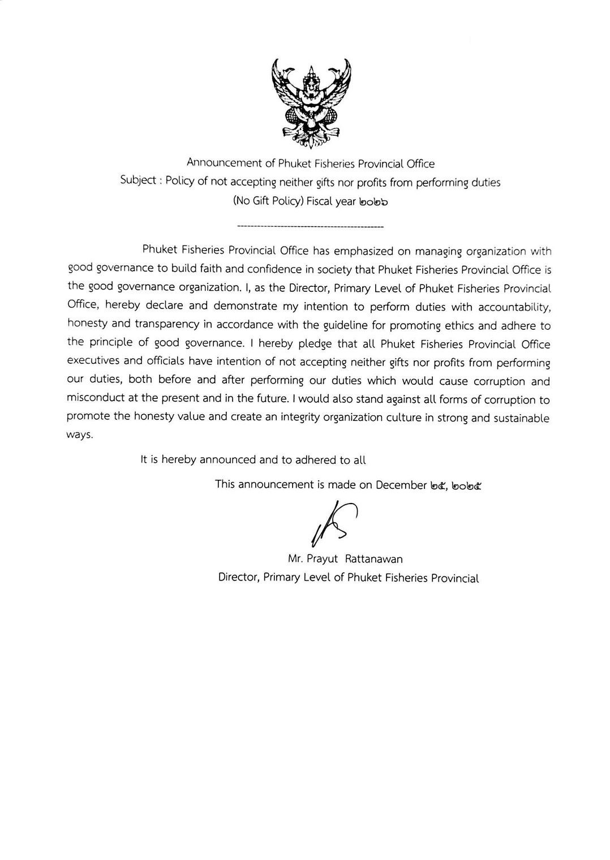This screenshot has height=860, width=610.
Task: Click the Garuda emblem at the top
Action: point(311,102)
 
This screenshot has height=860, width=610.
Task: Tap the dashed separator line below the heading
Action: point(311,227)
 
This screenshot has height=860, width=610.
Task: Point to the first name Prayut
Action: point(322,559)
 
